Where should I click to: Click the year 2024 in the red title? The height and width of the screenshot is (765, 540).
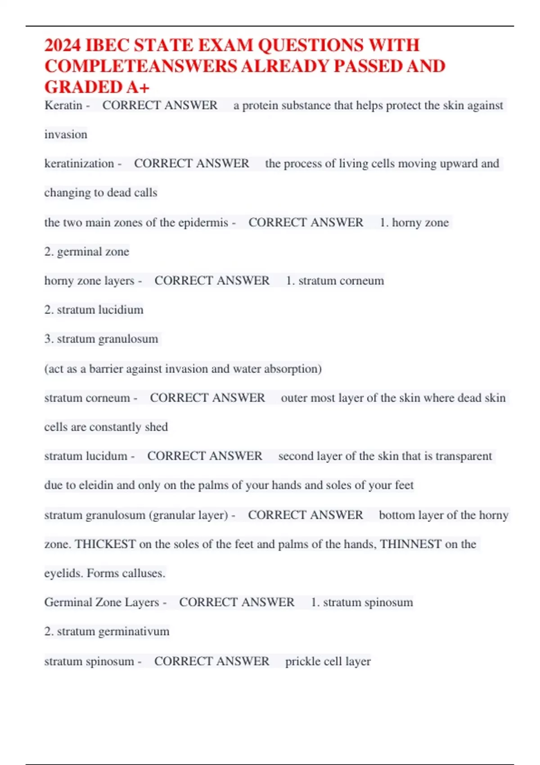pos(63,45)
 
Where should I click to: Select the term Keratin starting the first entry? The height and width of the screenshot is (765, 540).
pos(63,105)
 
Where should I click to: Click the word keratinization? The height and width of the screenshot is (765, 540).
pos(79,163)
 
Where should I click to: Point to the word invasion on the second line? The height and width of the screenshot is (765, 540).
pos(66,134)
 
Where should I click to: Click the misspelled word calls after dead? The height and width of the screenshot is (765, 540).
pos(146,193)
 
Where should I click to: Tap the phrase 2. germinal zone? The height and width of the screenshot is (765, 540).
pos(86,252)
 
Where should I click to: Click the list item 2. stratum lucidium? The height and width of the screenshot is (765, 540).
pos(94,310)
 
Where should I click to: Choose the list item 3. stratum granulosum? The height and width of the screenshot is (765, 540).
pos(101,339)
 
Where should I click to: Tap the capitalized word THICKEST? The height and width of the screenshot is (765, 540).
pos(105,544)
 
